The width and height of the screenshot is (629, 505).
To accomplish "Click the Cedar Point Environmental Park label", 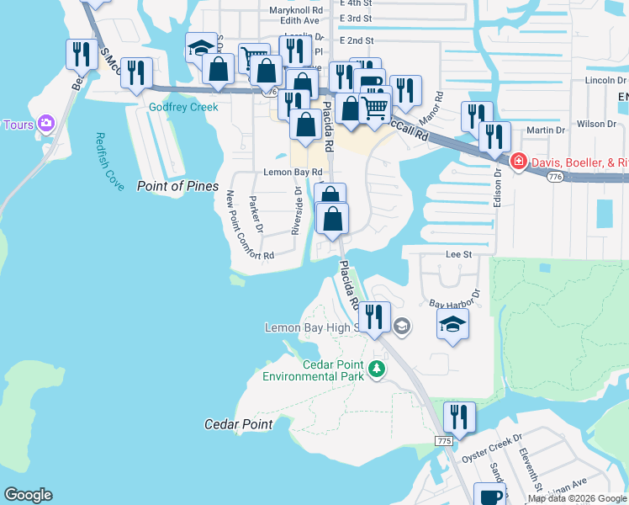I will tap(313, 369).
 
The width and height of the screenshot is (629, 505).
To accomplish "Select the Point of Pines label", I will tap(177, 186).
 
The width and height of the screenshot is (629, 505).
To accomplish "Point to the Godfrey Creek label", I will tap(183, 107).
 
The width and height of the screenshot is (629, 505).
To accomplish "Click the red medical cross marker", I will tap(519, 161).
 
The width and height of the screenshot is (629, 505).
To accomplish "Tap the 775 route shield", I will tap(445, 441).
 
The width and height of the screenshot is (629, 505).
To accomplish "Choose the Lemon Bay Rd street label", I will tap(293, 172).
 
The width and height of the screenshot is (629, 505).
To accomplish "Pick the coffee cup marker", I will tap(489, 495).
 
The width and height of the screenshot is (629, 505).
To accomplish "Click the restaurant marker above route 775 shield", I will tap(458, 416).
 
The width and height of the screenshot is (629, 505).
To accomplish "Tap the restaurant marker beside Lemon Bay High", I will tap(376, 316).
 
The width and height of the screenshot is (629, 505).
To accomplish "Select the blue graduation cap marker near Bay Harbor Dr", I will tap(452, 323).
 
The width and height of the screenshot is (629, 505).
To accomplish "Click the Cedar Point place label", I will tap(239, 424).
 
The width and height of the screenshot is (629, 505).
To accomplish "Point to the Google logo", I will tap(28, 495).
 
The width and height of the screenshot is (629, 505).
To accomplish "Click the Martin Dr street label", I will tap(546, 130).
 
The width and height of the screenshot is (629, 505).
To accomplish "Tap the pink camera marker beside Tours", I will tap(46, 125).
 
